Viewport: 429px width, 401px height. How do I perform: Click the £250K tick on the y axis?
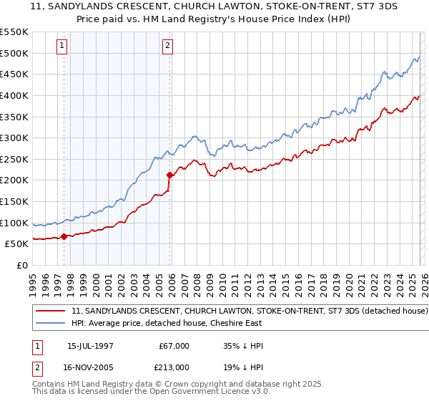14,159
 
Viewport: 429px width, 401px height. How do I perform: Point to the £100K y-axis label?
14,223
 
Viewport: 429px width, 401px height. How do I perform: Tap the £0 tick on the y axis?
21,265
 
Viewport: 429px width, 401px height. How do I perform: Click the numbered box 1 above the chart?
63,47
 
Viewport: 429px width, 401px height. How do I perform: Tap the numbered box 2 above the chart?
167,47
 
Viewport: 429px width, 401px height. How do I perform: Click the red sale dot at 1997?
64,236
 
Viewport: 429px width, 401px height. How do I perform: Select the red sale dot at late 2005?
169,175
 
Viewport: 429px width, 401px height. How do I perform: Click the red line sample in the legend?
51,311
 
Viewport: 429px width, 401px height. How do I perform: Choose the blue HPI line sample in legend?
51,324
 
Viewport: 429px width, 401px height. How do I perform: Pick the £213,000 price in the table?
174,367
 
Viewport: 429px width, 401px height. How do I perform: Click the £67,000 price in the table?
174,346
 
